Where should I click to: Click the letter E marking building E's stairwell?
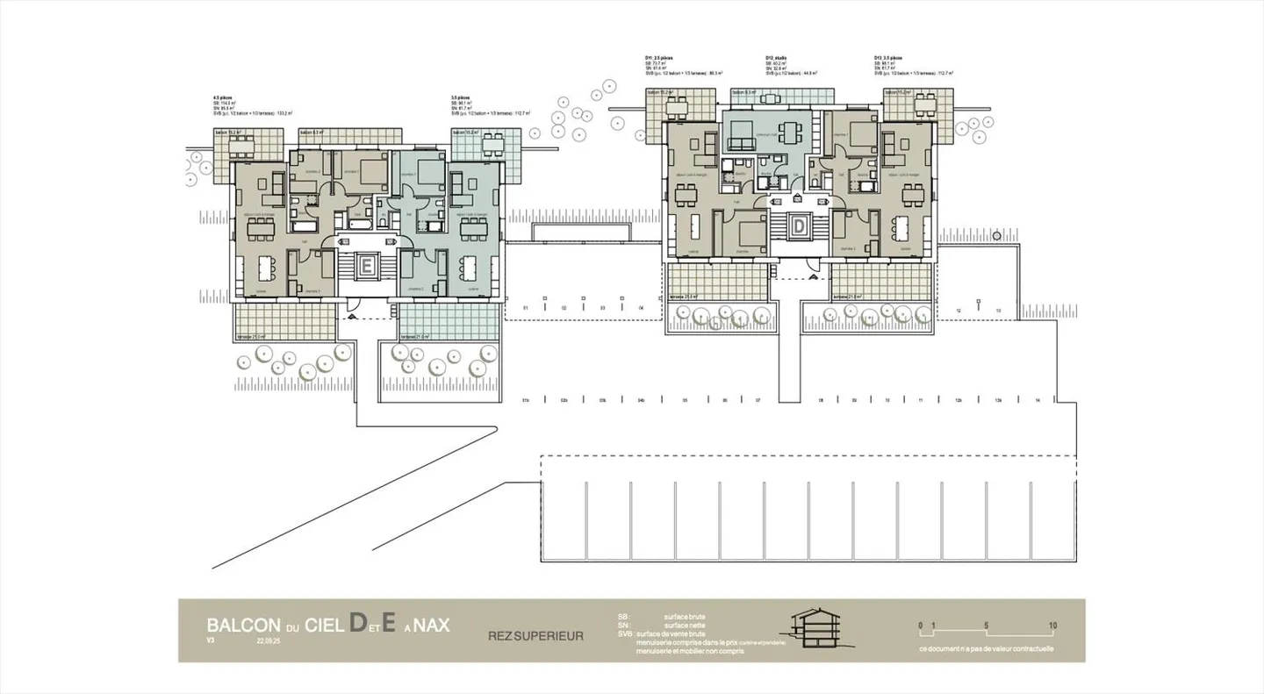point(367,264)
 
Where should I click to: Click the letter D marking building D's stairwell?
point(800,226)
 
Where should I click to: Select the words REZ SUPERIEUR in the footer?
point(535,635)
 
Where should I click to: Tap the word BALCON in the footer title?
point(243,626)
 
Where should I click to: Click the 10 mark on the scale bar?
point(1052,626)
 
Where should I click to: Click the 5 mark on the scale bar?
point(987,626)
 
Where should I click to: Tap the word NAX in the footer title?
point(431,626)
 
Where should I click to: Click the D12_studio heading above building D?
point(776,58)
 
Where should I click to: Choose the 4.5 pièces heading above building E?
point(222,97)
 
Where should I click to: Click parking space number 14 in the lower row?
point(1038,400)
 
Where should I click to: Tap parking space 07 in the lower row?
point(758,400)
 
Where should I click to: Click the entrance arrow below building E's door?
point(353,317)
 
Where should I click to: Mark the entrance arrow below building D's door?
point(812,275)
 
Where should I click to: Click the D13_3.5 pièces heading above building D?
point(889,58)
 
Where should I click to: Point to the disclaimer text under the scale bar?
point(987,649)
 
